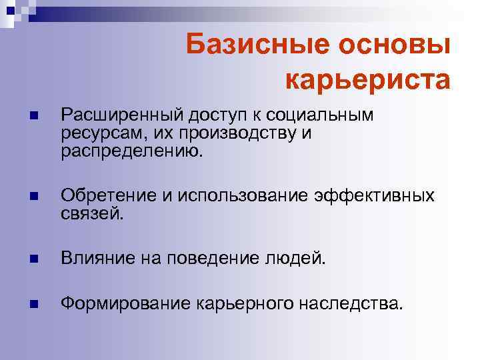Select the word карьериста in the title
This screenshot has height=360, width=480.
368,79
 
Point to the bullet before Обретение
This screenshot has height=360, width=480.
34,197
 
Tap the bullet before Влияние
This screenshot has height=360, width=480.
34,258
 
